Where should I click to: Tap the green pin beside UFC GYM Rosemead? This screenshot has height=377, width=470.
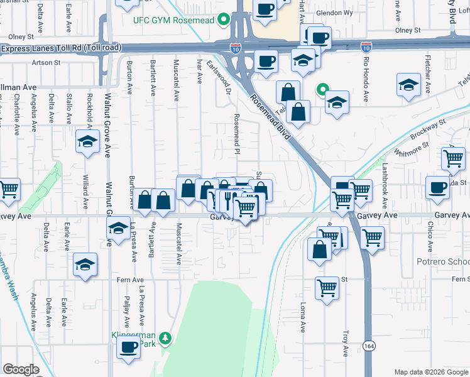point(222,20)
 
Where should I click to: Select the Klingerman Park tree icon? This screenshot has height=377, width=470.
point(165,339)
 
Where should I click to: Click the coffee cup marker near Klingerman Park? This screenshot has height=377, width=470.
point(129,347)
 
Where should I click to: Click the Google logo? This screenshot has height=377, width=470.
point(21,369)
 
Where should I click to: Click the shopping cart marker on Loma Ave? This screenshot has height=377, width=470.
point(327,288)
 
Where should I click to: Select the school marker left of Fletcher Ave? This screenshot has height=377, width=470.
point(408,86)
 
